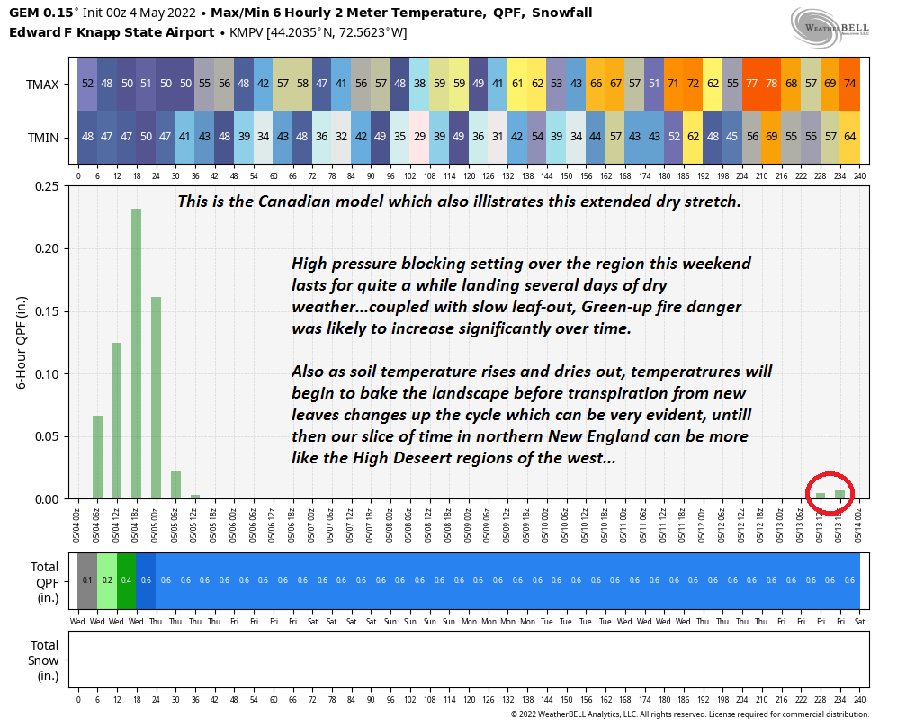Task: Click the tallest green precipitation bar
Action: pos(136,353)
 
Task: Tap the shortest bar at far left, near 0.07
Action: pos(97,456)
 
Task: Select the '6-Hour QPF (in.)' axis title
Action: pos(22,343)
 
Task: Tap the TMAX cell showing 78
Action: pos(772,83)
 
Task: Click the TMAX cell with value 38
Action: pos(419,83)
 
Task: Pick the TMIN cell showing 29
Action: pos(419,137)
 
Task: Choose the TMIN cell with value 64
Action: pos(849,137)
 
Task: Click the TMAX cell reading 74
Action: pos(849,83)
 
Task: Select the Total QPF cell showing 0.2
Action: pos(107,580)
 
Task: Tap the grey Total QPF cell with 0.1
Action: pos(87,580)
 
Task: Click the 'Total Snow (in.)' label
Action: pos(44,659)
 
